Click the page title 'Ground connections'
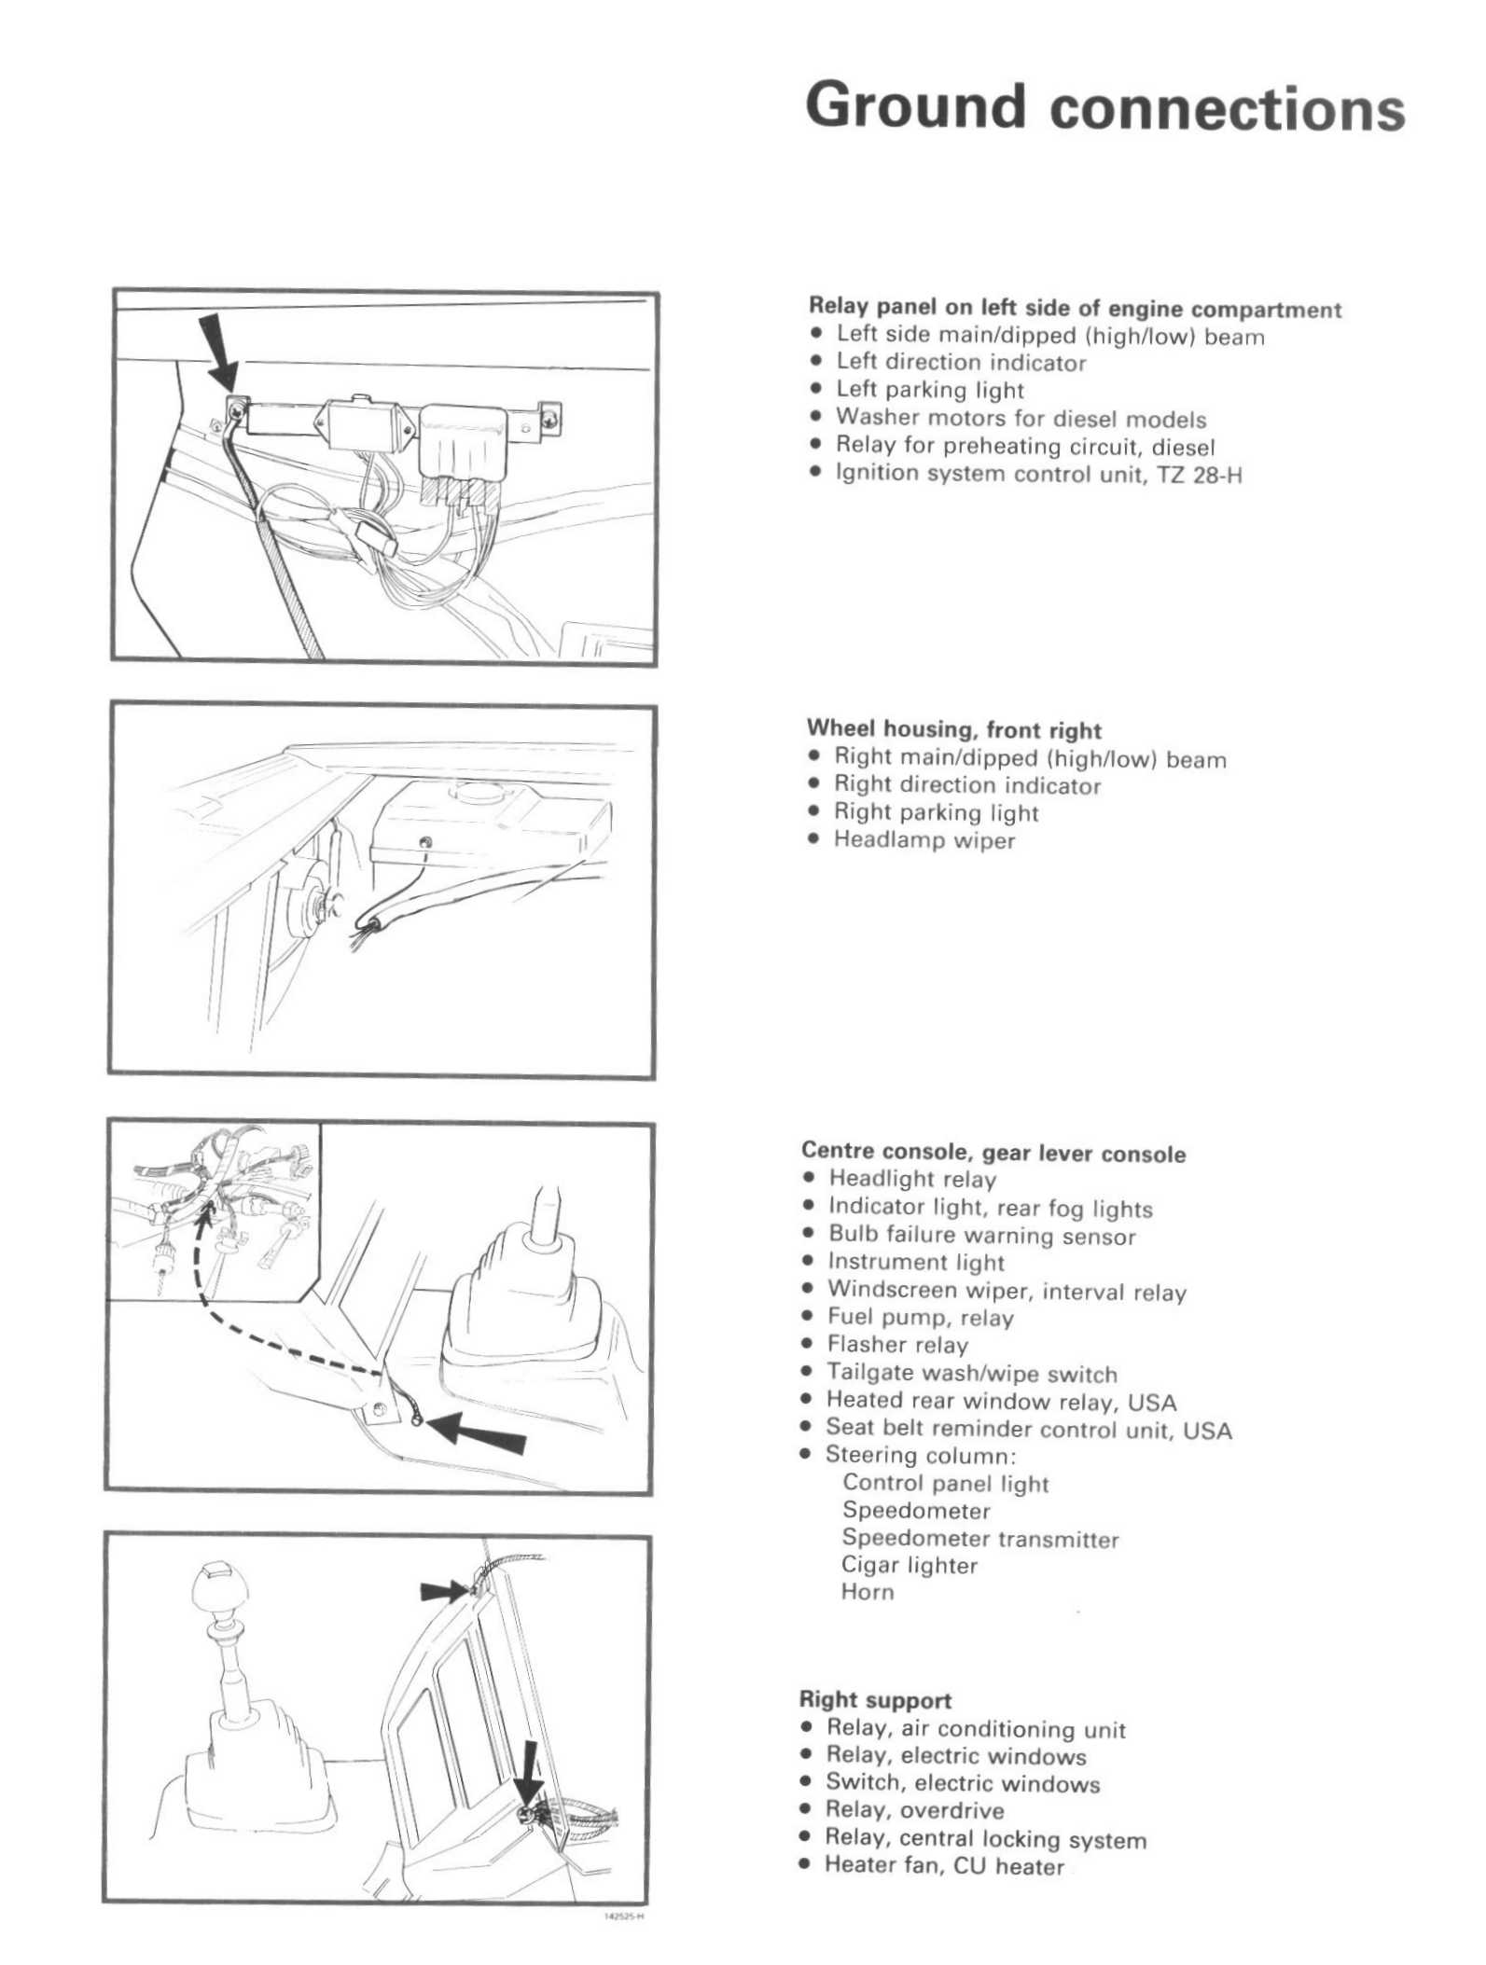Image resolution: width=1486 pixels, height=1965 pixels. click(1104, 107)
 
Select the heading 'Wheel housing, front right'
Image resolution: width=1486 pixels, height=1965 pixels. click(953, 729)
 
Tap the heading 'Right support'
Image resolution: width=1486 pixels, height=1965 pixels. click(875, 1700)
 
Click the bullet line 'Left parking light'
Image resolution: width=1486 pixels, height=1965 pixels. click(929, 390)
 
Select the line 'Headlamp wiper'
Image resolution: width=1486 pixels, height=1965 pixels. click(924, 840)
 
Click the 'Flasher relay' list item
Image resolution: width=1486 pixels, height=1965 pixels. click(897, 1345)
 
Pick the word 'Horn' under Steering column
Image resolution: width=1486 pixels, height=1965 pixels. click(868, 1592)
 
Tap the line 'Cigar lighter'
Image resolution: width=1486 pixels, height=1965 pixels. click(910, 1565)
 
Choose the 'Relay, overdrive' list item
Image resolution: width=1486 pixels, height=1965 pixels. click(914, 1810)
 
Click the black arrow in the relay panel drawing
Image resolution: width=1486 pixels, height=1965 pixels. click(220, 352)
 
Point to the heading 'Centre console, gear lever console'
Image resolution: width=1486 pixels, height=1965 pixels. click(993, 1154)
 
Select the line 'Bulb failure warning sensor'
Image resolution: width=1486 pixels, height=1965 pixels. click(981, 1236)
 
